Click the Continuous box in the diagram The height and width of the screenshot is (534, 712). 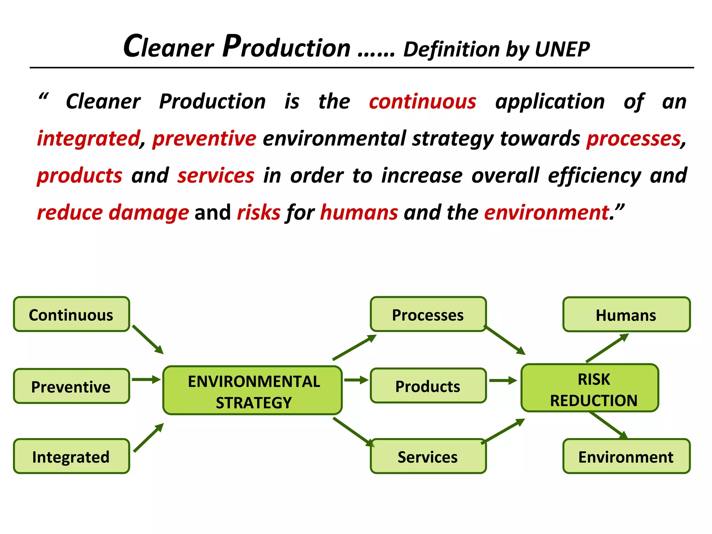coord(71,315)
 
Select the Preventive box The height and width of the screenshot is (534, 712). coord(71,386)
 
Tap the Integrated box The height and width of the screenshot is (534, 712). coord(71,456)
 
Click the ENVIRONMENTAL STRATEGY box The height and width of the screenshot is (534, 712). coord(253,391)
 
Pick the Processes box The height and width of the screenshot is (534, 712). coord(428,315)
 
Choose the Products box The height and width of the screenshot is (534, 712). coord(428,386)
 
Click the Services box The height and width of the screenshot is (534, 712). coord(428,456)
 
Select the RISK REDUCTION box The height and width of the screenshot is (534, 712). coord(590,389)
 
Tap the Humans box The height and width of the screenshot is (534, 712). coord(626,315)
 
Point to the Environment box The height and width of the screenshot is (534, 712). coord(626,456)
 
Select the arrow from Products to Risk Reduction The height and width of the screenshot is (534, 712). coord(503,380)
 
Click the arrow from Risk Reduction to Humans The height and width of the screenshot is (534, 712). coord(607,348)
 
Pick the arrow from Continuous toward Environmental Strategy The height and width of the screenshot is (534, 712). coord(148,340)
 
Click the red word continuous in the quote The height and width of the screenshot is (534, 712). coord(422,102)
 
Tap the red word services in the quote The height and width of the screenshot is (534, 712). coord(216,176)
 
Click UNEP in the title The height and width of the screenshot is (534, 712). coord(562,49)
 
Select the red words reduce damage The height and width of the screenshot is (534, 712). coord(113,212)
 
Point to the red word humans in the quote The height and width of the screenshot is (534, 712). coord(359,212)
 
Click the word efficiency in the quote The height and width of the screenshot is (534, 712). coord(594,176)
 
